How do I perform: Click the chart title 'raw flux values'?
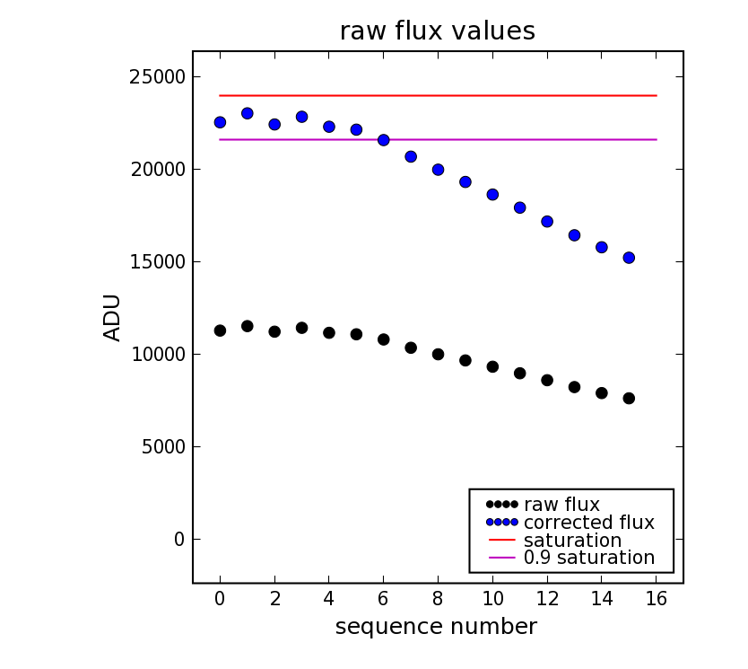(x=437, y=31)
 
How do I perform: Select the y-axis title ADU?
(x=112, y=317)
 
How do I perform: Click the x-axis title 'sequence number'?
(x=436, y=627)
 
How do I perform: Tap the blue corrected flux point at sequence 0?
(x=220, y=122)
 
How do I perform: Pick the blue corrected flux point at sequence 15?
(x=629, y=258)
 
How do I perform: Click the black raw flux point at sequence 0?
(x=220, y=330)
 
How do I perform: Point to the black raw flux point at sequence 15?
(x=629, y=398)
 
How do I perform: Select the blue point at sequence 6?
(x=383, y=140)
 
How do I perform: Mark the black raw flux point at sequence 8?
(x=438, y=355)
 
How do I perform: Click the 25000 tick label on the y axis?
(x=157, y=77)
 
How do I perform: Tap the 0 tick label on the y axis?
(x=179, y=540)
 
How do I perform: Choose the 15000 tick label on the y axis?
(x=157, y=262)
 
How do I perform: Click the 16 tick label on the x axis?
(x=656, y=599)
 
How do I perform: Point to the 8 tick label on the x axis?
(x=438, y=599)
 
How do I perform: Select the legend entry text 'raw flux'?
(x=561, y=505)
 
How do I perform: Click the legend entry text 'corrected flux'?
(x=588, y=523)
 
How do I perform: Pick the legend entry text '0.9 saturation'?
(x=588, y=558)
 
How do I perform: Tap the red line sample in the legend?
(x=502, y=541)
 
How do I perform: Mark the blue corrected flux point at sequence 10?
(x=492, y=194)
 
